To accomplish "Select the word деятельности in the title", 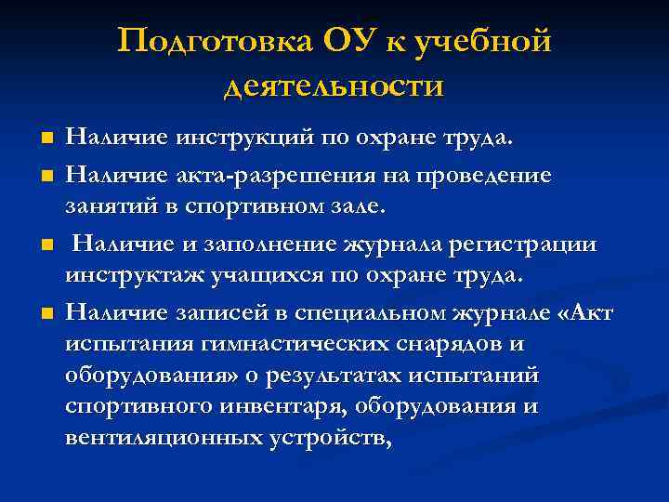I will tap(334, 86).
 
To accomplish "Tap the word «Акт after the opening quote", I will tap(583, 313).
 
